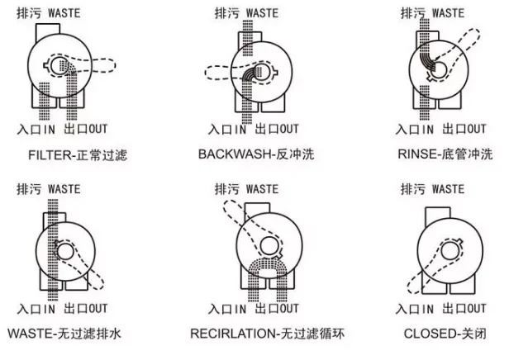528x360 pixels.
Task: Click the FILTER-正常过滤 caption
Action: point(78,154)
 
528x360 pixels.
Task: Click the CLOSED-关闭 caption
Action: point(445,334)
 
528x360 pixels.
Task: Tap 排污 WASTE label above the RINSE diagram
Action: point(432,12)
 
